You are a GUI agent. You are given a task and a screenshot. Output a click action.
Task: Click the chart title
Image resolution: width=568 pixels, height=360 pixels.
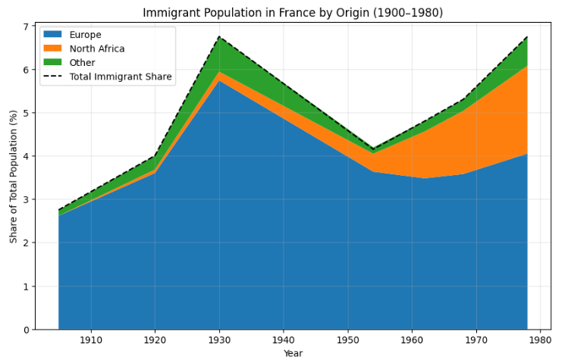tap(293, 13)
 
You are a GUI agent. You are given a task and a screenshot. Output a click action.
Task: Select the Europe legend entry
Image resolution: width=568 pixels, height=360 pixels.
tap(85, 35)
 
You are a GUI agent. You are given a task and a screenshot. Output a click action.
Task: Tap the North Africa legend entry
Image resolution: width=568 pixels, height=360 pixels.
tap(96, 49)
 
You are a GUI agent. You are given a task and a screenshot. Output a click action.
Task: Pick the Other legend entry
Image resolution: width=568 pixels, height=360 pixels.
tap(82, 62)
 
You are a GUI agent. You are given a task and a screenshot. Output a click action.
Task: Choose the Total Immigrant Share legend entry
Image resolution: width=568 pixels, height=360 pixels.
tap(120, 76)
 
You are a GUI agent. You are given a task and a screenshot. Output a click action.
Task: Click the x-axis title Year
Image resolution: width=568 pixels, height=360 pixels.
tap(293, 353)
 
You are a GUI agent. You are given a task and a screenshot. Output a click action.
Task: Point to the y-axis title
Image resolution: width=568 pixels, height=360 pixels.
tap(13, 178)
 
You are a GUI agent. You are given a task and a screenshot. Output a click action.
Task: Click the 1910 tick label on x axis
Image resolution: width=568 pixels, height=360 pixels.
tap(91, 340)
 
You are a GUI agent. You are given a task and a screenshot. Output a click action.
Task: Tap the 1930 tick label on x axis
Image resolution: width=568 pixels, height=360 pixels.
tap(220, 340)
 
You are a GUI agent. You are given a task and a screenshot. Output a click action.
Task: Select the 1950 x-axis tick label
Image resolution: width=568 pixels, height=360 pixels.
tap(348, 340)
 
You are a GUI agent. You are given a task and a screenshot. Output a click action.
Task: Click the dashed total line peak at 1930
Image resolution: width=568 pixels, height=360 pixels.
tap(220, 36)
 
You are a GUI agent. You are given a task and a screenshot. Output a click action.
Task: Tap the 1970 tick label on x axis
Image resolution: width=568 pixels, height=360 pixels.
tap(476, 340)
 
